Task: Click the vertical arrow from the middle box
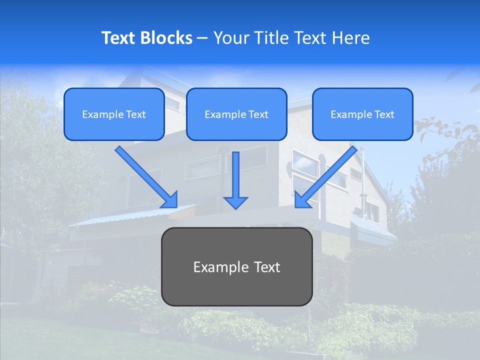(235, 175)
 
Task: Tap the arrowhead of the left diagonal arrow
(170, 200)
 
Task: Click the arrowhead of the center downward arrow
(235, 202)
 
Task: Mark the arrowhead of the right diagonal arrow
(302, 200)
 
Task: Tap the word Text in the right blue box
(384, 114)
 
